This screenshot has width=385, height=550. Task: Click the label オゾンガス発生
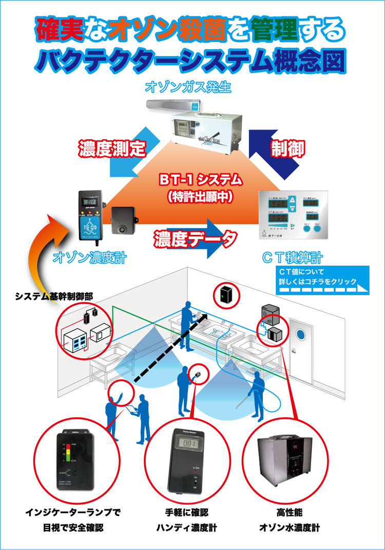pyautogui.click(x=188, y=86)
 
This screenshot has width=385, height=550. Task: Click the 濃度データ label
pyautogui.click(x=195, y=238)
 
